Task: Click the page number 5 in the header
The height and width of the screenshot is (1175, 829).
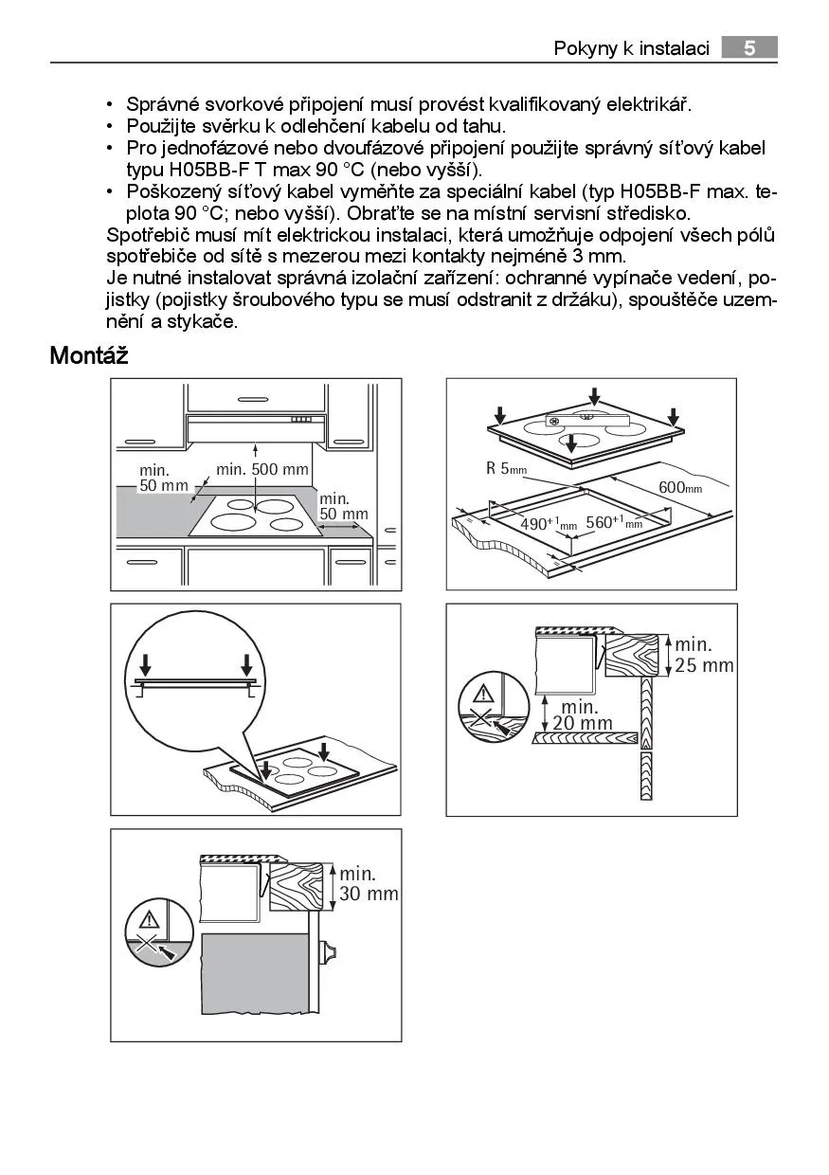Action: pos(748,48)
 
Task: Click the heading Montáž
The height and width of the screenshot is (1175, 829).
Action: pos(88,356)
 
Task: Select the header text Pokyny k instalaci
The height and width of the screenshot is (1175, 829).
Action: pos(631,48)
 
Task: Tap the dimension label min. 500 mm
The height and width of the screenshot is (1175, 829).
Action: pos(262,469)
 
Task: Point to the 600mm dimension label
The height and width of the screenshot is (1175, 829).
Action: pos(679,487)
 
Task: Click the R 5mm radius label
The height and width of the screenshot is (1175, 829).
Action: pos(506,468)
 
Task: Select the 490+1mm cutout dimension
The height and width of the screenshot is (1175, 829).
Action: pos(549,524)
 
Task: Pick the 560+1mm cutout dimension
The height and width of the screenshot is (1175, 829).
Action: pos(614,522)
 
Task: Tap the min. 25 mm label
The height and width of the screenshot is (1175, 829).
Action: pos(704,656)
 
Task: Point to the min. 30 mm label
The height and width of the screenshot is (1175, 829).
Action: pos(369,883)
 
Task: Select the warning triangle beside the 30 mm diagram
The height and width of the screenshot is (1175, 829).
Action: pos(150,917)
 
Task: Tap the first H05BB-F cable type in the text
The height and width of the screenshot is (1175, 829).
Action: pos(211,170)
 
